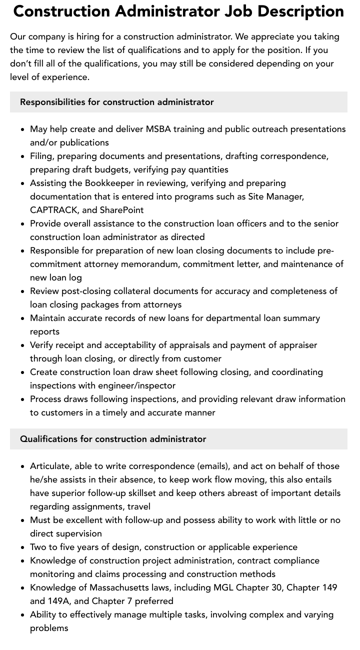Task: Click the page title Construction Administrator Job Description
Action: tap(178, 11)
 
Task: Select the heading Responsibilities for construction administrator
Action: tap(117, 102)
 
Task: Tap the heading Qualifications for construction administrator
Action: tap(113, 439)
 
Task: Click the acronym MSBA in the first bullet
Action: tap(158, 129)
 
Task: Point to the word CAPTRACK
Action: tap(51, 210)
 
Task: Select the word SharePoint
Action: tap(121, 210)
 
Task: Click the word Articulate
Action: tap(50, 466)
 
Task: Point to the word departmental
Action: tap(222, 318)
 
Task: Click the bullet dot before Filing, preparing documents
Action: tap(23, 156)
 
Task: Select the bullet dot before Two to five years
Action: tap(23, 547)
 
